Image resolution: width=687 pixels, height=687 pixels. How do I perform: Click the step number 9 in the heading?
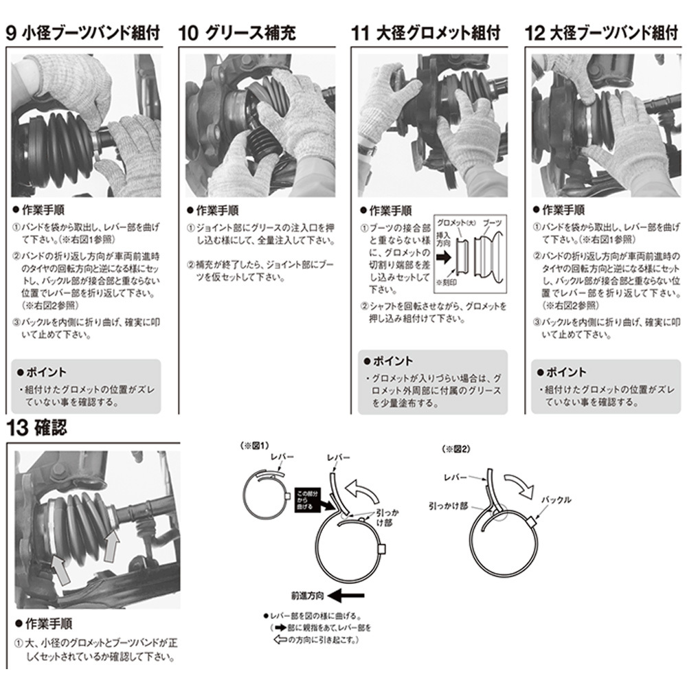12,33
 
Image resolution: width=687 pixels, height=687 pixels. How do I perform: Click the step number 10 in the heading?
188,33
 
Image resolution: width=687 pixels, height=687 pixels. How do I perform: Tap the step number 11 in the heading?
361,33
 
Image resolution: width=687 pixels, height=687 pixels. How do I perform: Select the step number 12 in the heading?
534,33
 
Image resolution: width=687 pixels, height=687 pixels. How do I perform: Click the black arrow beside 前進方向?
346,596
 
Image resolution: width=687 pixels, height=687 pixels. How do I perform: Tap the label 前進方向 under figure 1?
307,596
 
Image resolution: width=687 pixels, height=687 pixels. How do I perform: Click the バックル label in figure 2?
556,499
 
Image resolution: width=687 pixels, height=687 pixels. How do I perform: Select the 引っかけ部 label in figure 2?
448,506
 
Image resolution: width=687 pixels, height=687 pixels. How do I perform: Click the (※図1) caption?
255,446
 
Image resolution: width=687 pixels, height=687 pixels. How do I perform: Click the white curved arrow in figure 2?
519,485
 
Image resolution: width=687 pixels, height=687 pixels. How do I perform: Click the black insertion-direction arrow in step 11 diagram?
443,257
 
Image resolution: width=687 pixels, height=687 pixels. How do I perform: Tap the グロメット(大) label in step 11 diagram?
456,223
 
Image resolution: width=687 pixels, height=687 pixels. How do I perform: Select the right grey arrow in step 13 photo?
112,545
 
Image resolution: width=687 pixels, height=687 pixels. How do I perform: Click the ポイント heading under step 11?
388,361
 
